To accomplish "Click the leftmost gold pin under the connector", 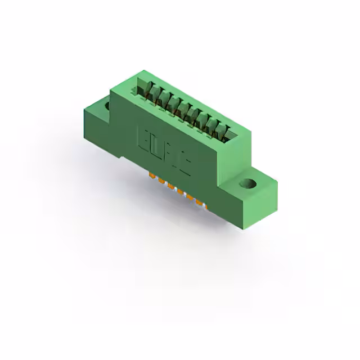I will pyautogui.click(x=152, y=177).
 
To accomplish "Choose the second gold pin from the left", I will pyautogui.click(x=161, y=181).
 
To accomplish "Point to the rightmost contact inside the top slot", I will pyautogui.click(x=227, y=133).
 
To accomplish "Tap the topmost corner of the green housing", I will pyautogui.click(x=145, y=70).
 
